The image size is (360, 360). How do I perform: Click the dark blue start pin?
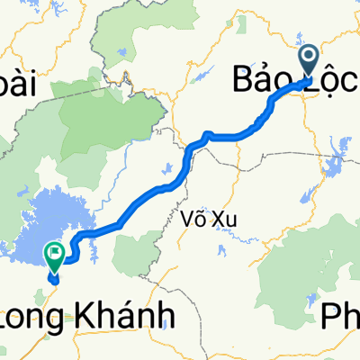pyautogui.click(x=308, y=62)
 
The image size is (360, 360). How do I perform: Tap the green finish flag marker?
pyautogui.click(x=56, y=258)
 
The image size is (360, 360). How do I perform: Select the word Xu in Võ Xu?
pyautogui.click(x=212, y=220)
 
